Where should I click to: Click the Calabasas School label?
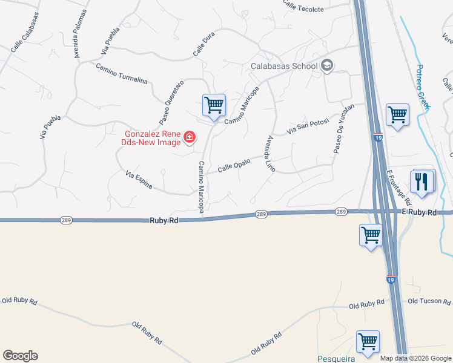[x=284, y=66]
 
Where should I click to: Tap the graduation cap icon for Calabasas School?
[x=327, y=65]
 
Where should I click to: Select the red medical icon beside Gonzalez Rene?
[x=190, y=138]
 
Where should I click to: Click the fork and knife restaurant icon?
[x=422, y=181]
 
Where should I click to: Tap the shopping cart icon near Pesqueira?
[x=368, y=342]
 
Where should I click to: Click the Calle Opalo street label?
[x=234, y=165]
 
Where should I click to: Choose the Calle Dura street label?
[x=204, y=45]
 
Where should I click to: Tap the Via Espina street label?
[x=139, y=180]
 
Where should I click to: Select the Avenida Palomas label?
[x=80, y=33]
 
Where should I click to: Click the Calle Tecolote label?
[x=300, y=5]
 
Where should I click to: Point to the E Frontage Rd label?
[x=400, y=187]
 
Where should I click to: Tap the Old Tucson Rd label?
[x=429, y=301]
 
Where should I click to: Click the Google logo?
[x=20, y=356]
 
